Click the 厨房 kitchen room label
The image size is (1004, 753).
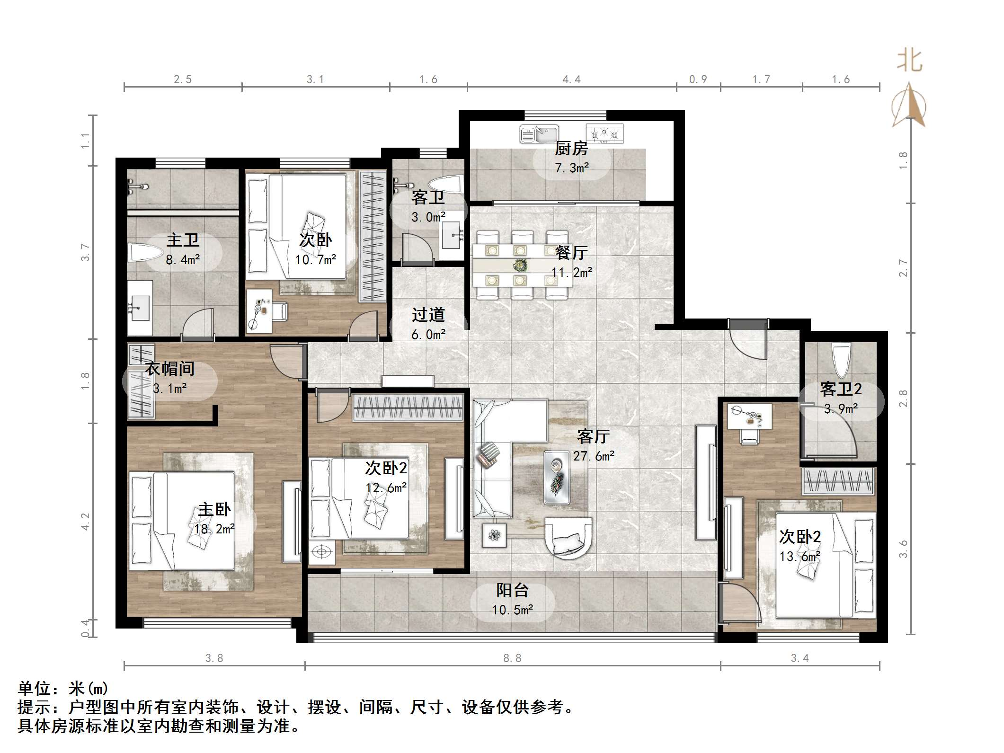click(x=571, y=149)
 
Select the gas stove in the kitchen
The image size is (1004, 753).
click(x=604, y=133)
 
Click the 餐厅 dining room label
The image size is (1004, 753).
click(x=571, y=253)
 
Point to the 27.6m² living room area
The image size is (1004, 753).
click(x=594, y=456)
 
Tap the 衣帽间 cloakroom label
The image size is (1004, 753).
click(x=169, y=369)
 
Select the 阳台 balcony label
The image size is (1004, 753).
click(x=512, y=590)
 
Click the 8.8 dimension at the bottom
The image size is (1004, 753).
click(x=512, y=658)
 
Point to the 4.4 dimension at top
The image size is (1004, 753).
click(x=571, y=80)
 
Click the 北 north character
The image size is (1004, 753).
click(x=909, y=62)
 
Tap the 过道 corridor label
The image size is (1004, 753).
click(x=428, y=315)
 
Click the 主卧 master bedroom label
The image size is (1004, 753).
click(x=214, y=510)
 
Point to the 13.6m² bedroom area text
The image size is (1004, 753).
click(x=800, y=557)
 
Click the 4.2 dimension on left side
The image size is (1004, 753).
click(x=85, y=522)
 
